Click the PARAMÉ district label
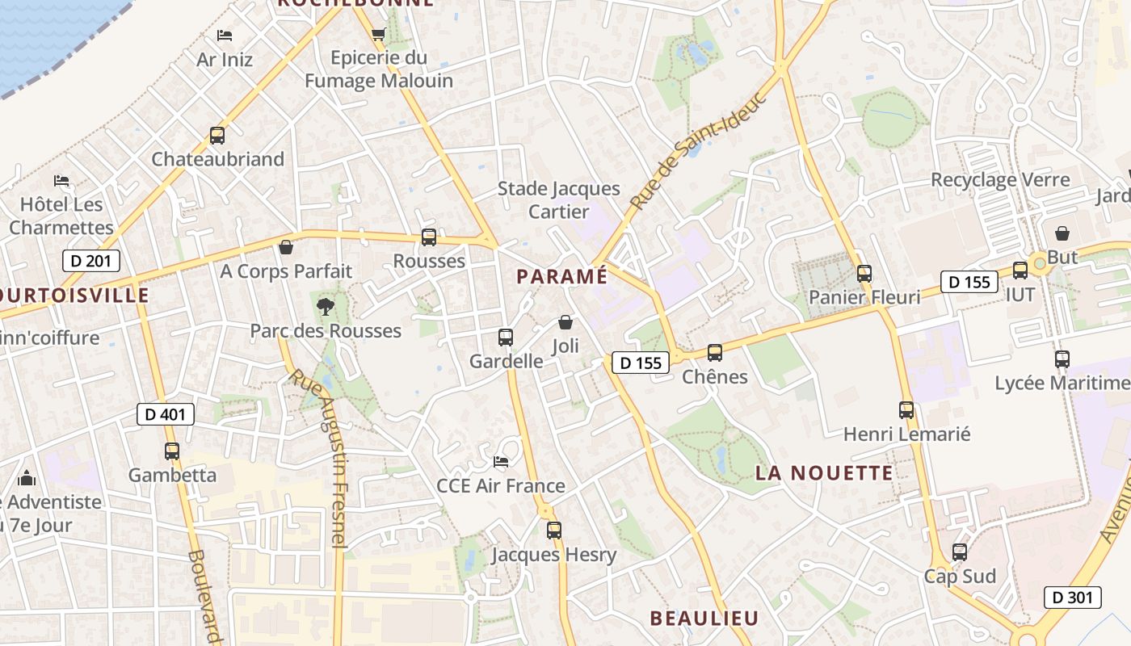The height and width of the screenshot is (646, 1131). pos(561,276)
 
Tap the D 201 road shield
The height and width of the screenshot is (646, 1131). pos(91,261)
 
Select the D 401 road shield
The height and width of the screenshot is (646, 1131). pos(166,415)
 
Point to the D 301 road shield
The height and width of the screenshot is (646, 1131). pos(1073,598)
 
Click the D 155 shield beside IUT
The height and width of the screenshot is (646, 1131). pos(969,283)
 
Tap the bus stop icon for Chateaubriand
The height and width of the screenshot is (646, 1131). pos(217,136)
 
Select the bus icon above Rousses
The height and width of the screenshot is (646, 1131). pos(429,237)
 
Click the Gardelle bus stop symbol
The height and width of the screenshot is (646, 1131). pos(506,338)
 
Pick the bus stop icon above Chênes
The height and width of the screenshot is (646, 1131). pos(715,353)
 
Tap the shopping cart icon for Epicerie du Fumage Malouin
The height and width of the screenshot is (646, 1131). pos(378,35)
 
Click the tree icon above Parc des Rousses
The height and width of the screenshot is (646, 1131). pos(326,306)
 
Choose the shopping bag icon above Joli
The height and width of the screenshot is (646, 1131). pos(565,323)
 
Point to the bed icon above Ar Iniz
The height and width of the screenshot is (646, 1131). pos(225,36)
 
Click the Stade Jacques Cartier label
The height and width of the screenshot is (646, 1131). pos(559,199)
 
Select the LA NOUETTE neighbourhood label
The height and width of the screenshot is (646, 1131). pos(824,473)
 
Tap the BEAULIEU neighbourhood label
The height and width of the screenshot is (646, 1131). pos(704,619)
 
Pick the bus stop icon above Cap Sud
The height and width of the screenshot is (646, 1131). pos(960,552)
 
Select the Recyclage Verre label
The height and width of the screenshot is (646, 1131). pos(1000,180)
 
